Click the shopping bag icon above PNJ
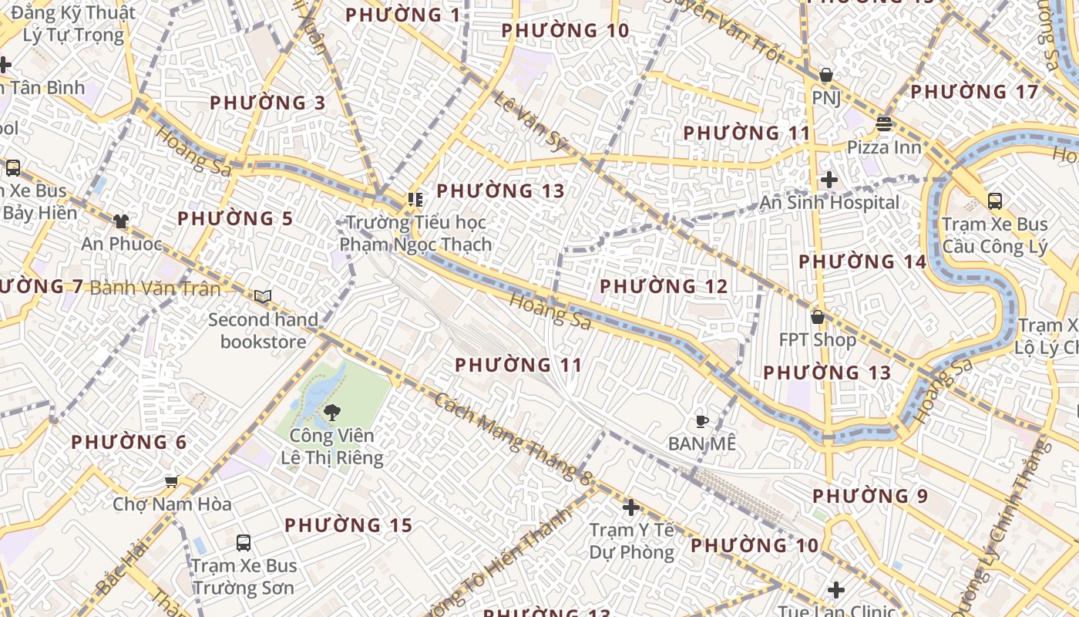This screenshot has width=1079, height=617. [x=825, y=76]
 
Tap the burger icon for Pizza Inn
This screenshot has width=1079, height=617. [x=884, y=124]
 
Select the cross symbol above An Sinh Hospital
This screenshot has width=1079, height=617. [x=829, y=180]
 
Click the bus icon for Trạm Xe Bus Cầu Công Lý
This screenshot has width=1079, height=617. [x=995, y=201]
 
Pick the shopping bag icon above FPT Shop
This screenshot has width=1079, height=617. [x=818, y=317]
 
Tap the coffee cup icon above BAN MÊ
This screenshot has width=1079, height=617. [x=701, y=421]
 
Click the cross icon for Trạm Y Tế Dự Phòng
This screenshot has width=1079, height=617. [x=631, y=507]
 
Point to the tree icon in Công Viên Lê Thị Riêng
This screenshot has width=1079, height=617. [x=332, y=413]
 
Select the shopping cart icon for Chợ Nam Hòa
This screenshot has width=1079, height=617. [x=171, y=482]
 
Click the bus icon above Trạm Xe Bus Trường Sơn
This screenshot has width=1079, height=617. [x=244, y=543]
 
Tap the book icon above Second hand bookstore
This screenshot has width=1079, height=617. [x=263, y=297]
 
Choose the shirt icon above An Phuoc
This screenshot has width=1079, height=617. [x=120, y=222]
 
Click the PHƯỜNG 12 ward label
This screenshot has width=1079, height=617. [x=664, y=286]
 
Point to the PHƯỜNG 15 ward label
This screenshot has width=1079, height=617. [x=348, y=525]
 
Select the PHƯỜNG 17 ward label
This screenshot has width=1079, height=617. [x=974, y=92]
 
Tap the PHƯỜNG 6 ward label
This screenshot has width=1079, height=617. [x=129, y=442]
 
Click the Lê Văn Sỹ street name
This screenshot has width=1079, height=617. [x=530, y=120]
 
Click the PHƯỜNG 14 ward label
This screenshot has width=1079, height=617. [x=862, y=261]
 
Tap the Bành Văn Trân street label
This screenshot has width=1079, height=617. [x=155, y=288]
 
